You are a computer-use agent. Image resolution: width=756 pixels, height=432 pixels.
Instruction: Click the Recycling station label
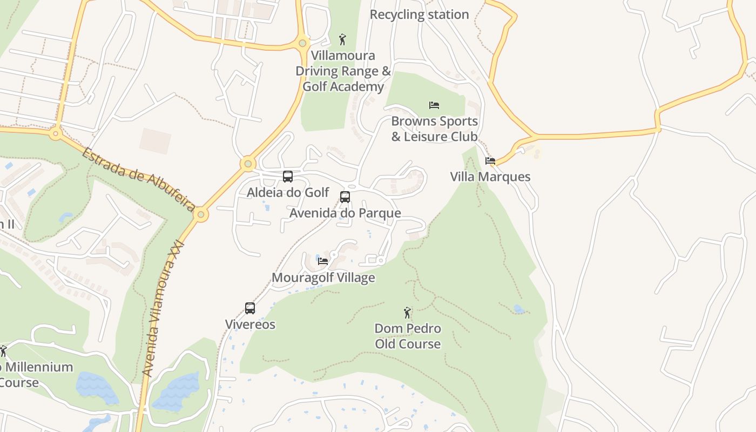point(419,15)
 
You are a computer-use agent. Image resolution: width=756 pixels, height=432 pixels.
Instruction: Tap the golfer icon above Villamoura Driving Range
point(342,39)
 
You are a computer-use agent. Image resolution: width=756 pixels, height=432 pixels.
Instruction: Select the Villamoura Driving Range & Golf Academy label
point(343,71)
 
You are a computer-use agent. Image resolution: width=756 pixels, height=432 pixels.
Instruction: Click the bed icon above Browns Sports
point(434,105)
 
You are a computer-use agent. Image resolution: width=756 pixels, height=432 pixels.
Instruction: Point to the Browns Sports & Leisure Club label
point(434,129)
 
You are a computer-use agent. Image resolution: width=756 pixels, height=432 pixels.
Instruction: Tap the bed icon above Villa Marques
point(490,161)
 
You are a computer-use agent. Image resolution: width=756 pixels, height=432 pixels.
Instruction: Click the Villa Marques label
point(490,177)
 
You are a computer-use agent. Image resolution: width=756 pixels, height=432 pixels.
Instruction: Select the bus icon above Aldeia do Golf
point(288,177)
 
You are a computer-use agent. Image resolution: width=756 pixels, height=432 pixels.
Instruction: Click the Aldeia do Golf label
point(288,192)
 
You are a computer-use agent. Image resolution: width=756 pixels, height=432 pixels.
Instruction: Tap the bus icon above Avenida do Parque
point(345,197)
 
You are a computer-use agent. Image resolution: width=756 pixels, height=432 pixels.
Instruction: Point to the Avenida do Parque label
point(345,213)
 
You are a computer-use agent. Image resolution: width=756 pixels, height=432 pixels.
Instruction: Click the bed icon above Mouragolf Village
point(323,261)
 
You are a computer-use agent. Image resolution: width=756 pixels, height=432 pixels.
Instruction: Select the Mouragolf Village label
point(323,278)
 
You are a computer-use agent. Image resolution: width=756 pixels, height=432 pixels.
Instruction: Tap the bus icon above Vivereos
point(250,308)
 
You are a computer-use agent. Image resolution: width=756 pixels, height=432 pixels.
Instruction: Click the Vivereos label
point(250,325)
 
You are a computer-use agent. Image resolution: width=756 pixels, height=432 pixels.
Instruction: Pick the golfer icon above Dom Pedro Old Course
point(408,313)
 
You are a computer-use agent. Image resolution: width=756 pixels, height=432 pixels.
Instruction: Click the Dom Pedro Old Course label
point(408,336)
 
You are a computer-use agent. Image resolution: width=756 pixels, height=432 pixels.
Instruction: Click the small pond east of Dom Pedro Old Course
point(519,309)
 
